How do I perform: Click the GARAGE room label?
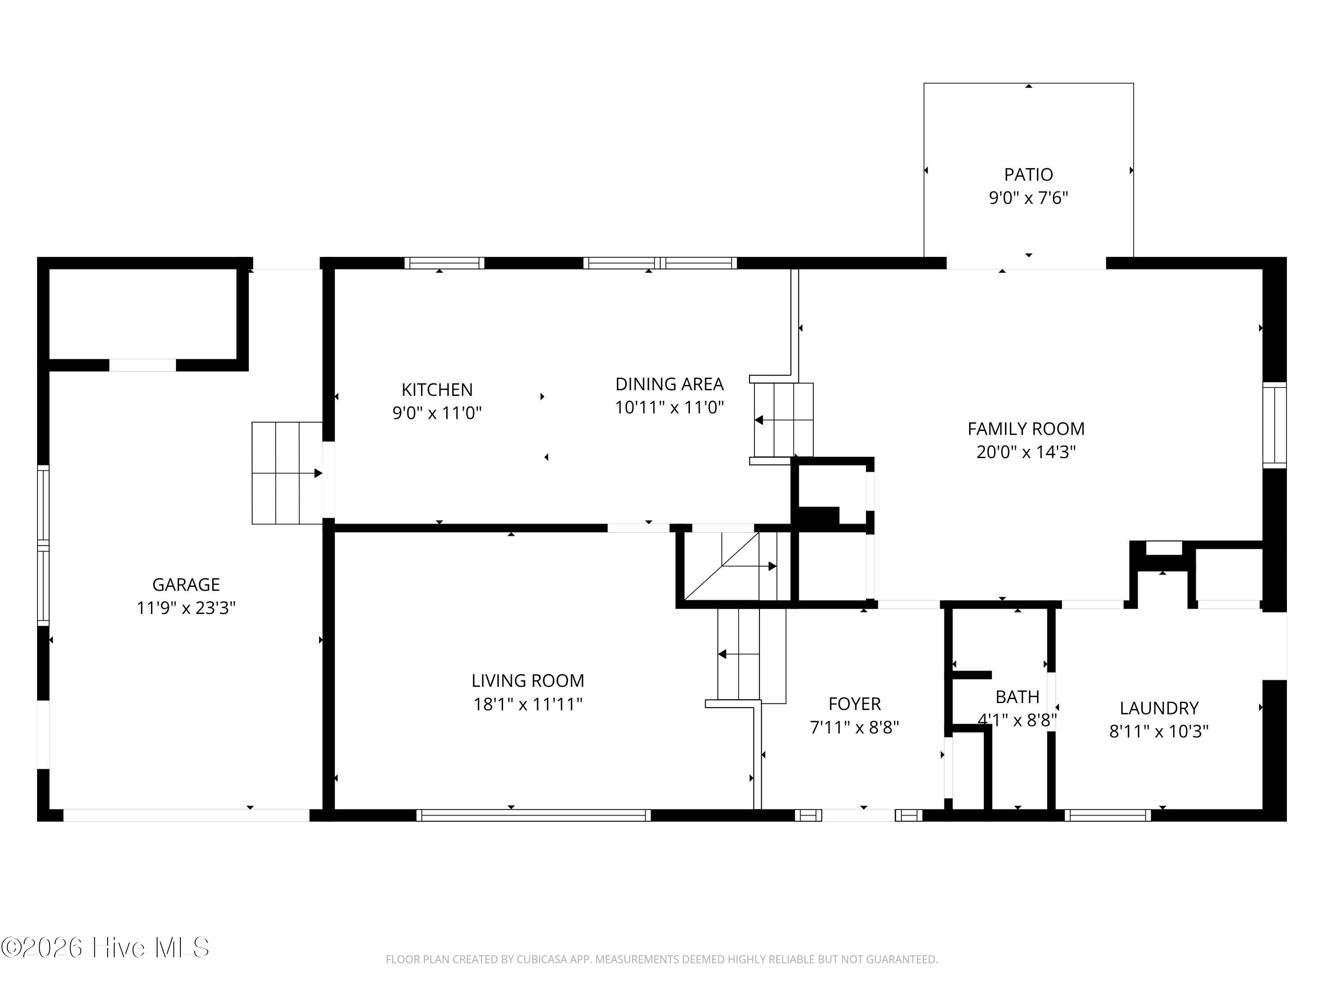186,584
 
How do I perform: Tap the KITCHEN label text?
437,390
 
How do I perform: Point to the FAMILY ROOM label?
1026,429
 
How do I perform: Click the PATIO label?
1028,174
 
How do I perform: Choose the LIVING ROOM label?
528,681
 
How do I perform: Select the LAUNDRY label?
1159,708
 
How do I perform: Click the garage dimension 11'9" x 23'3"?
186,608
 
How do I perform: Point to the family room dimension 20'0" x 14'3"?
1026,452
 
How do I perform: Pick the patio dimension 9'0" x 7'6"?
1028,198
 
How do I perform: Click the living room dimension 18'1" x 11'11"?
528,704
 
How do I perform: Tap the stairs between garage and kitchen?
287,473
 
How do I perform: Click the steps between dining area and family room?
783,420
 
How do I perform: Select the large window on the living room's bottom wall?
533,815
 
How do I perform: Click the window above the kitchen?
444,263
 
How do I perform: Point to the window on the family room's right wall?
1274,425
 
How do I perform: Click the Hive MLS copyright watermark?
105,948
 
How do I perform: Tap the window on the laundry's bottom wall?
1107,815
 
